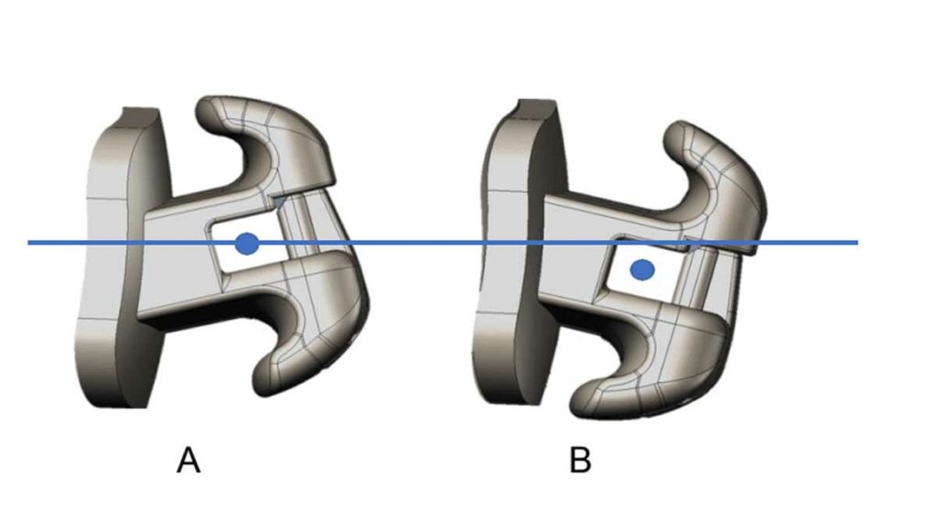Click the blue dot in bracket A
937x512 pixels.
click(x=247, y=244)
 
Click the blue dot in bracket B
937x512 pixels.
click(x=642, y=270)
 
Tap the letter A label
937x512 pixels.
click(x=188, y=461)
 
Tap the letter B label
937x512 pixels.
click(x=580, y=461)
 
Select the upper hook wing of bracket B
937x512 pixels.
click(x=717, y=180)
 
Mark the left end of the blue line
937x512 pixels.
click(x=28, y=243)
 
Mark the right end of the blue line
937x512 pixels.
click(x=857, y=243)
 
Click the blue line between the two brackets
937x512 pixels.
click(x=418, y=243)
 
